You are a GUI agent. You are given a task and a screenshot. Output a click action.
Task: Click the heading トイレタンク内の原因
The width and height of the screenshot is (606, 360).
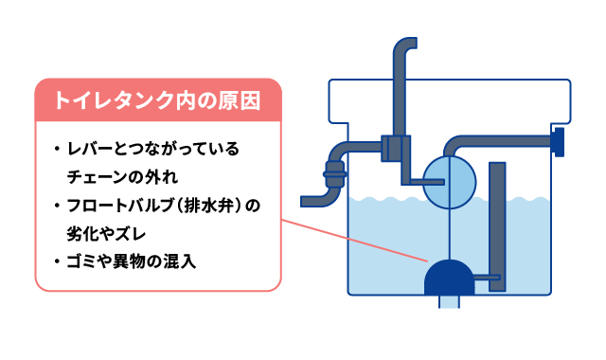click(157, 99)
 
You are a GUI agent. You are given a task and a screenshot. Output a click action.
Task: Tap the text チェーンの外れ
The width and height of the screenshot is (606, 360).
click(122, 177)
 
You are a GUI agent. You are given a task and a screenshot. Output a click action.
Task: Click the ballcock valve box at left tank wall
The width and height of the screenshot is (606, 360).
click(395, 148)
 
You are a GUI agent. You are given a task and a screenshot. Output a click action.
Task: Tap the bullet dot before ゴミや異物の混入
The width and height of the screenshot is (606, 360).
click(57, 260)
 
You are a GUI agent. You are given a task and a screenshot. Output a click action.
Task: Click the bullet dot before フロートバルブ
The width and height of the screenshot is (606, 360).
click(57, 205)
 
